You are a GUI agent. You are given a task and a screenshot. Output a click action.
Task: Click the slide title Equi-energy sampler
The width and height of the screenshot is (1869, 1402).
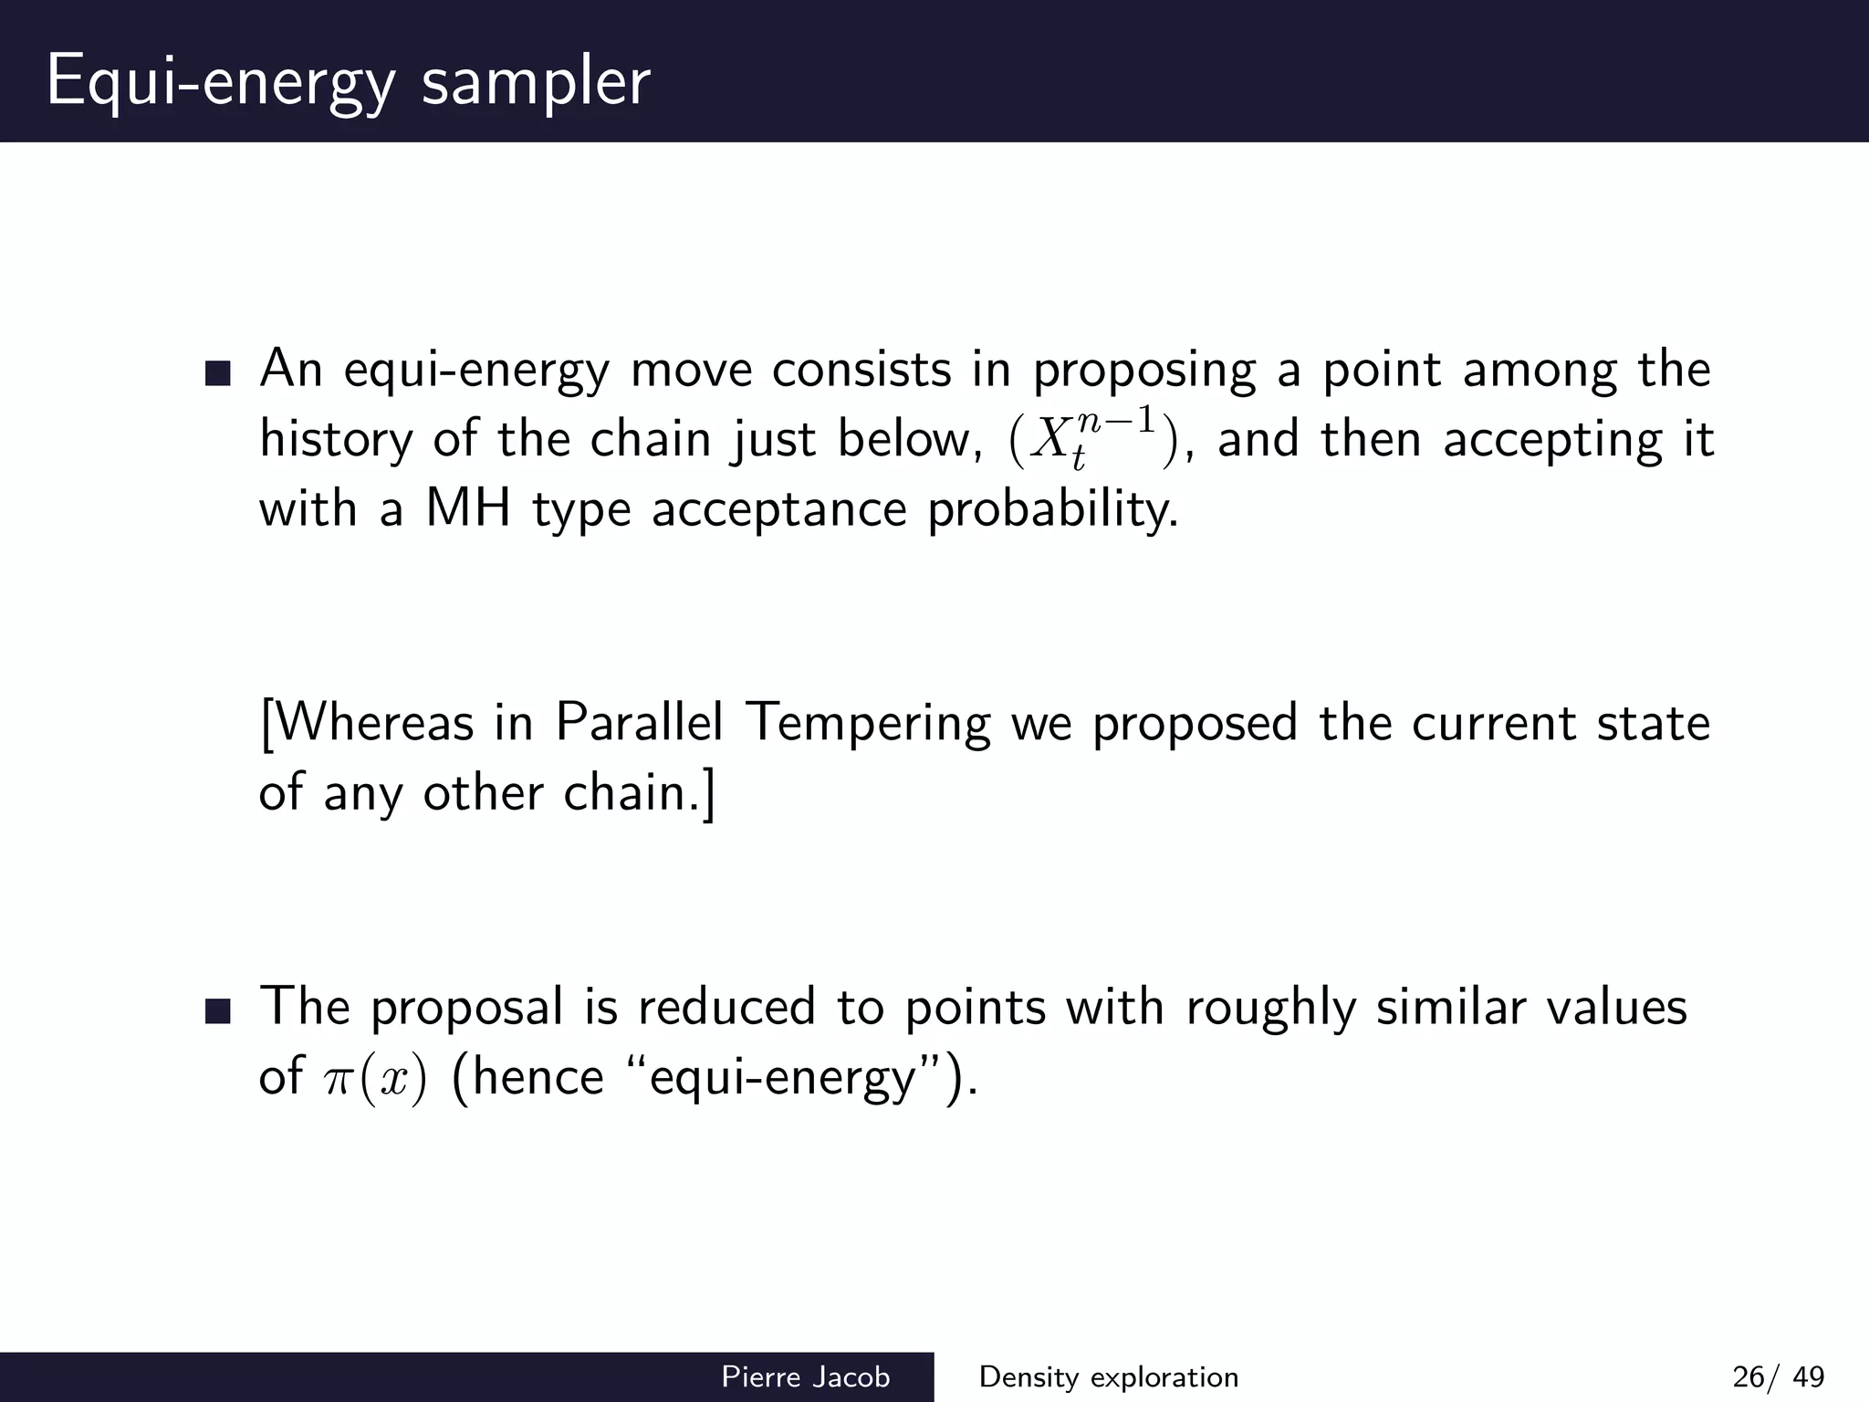(x=348, y=82)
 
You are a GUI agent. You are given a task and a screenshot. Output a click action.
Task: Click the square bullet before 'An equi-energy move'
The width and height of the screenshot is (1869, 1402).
(x=218, y=373)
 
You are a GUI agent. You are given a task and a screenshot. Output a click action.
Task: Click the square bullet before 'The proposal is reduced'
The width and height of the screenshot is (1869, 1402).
(x=218, y=1010)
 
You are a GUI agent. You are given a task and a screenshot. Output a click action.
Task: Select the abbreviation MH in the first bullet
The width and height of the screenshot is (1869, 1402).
(x=467, y=508)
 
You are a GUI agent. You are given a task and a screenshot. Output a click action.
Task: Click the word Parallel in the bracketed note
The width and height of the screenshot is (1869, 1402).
(x=639, y=722)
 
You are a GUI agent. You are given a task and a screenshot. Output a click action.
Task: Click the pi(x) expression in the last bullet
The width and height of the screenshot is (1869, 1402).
(x=375, y=1078)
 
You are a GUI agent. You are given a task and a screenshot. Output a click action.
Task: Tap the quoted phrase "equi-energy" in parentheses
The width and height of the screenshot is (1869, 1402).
(x=784, y=1078)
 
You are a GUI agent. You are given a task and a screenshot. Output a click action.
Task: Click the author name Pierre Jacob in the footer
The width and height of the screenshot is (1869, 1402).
(x=805, y=1376)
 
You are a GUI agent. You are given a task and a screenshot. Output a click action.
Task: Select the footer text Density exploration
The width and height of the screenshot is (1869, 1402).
(x=1108, y=1376)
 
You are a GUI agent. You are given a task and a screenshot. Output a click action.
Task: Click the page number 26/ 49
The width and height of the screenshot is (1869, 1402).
(x=1778, y=1376)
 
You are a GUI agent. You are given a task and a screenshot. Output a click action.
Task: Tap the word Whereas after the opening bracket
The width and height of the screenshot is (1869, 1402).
(x=374, y=722)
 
